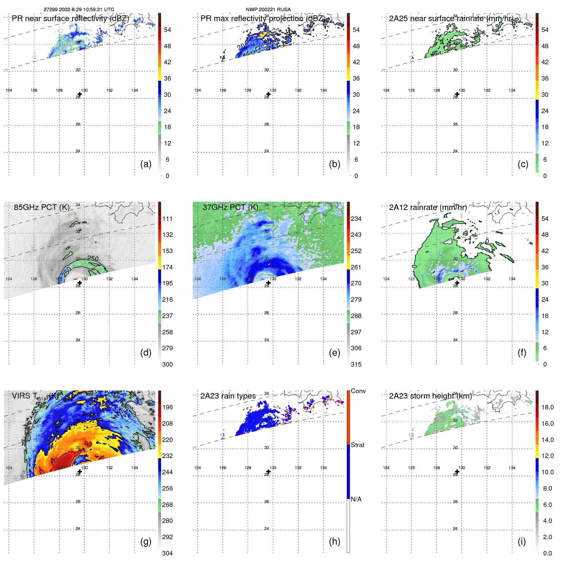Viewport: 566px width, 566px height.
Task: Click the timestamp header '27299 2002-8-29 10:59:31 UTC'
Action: point(79,10)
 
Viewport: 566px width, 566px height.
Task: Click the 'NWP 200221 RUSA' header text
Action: point(268,10)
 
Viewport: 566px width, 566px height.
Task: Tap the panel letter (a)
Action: point(146,164)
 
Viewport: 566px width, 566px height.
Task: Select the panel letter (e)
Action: point(334,353)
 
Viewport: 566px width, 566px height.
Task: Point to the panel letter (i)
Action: point(522,541)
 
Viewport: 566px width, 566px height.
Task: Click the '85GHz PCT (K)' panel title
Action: point(42,207)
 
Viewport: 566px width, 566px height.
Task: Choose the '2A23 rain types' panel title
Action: point(228,396)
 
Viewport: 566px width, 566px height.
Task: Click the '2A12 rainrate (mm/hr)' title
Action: point(428,207)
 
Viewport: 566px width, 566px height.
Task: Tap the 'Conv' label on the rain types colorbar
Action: point(358,391)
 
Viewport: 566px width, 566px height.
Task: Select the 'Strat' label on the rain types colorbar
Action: point(357,445)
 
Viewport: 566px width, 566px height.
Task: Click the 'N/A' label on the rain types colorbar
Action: point(356,499)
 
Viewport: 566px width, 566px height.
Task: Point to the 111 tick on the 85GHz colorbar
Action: point(167,219)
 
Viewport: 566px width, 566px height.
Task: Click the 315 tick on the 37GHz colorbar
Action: point(356,364)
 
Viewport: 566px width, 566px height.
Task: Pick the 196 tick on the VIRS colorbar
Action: point(167,407)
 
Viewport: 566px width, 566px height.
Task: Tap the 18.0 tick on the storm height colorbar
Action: point(547,407)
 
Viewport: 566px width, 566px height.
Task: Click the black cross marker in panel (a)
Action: point(80,94)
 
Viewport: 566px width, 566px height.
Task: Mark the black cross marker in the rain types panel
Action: point(268,471)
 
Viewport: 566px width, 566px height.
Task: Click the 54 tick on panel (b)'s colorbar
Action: point(356,30)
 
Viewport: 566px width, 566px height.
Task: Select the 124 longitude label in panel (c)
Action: point(386,90)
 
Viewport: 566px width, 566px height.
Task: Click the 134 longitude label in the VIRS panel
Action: point(135,468)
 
